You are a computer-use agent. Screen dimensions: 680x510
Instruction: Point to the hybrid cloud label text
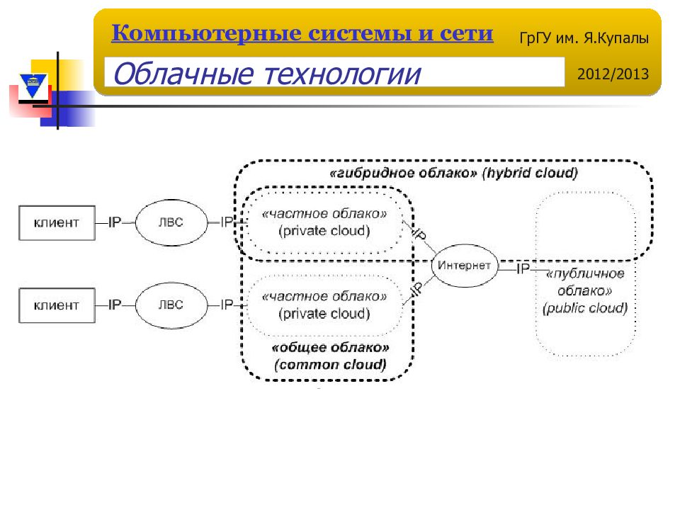pyautogui.click(x=453, y=173)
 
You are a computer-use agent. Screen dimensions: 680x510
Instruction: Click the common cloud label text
pyautogui.click(x=330, y=356)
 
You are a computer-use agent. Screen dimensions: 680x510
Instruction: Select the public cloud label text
pyautogui.click(x=585, y=290)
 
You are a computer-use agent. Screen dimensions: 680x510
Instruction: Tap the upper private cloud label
pyautogui.click(x=324, y=222)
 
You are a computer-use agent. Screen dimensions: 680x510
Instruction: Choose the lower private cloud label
pyautogui.click(x=324, y=305)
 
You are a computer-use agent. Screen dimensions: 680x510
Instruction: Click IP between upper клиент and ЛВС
pyautogui.click(x=115, y=222)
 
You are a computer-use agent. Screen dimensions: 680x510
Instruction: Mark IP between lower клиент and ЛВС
pyautogui.click(x=115, y=305)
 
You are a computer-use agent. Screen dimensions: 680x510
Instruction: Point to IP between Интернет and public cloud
pyautogui.click(x=523, y=269)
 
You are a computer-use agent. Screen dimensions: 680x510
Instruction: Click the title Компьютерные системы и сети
pyautogui.click(x=302, y=33)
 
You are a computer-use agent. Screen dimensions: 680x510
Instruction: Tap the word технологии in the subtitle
pyautogui.click(x=343, y=74)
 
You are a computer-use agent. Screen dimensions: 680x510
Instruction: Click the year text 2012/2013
pyautogui.click(x=613, y=74)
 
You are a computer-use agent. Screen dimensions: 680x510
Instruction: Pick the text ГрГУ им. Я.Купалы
pyautogui.click(x=584, y=38)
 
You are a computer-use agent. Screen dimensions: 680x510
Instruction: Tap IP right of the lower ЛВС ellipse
pyautogui.click(x=227, y=305)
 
